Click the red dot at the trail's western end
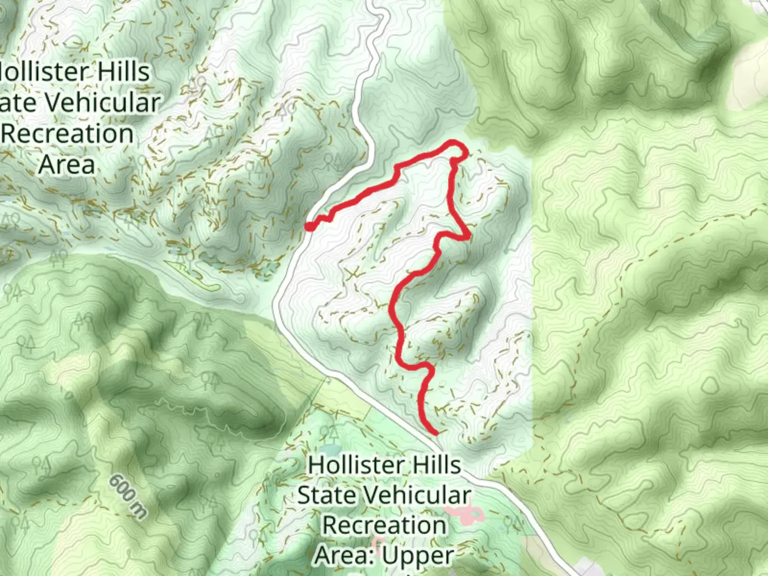tap(309, 227)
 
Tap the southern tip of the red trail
tap(436, 433)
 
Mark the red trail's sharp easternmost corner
tap(468, 237)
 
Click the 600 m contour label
tap(128, 496)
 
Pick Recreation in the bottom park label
tap(384, 525)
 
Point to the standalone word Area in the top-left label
tap(67, 164)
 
